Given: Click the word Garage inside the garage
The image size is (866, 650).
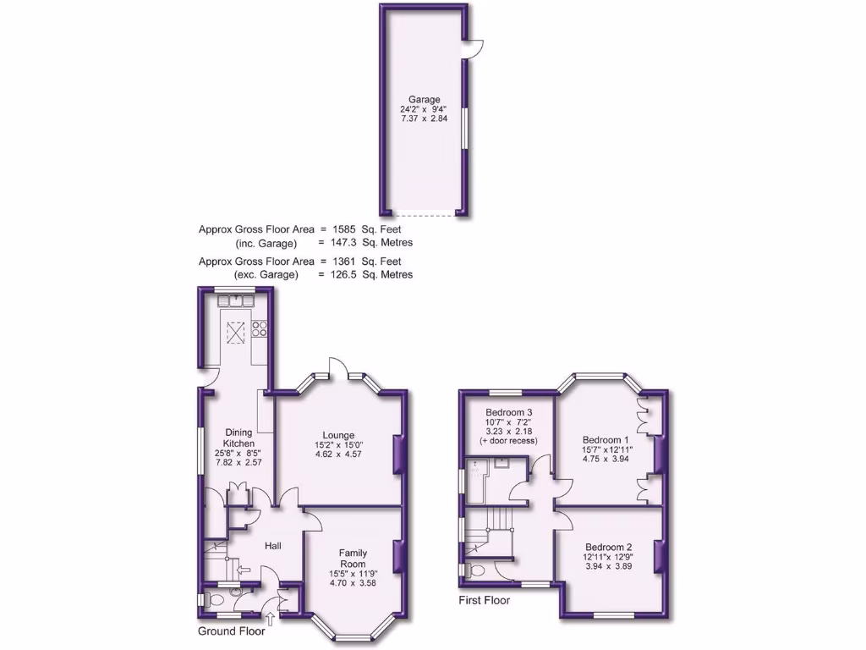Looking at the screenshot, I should (424, 99).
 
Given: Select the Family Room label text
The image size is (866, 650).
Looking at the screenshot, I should (353, 559).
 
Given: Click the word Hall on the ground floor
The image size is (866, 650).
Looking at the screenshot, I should (273, 546).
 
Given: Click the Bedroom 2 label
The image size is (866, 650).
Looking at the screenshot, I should (607, 547).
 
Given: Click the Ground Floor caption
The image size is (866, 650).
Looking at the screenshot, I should (231, 631).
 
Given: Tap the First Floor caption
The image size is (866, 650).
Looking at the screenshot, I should (485, 600).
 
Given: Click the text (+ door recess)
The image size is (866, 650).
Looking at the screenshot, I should (508, 441).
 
